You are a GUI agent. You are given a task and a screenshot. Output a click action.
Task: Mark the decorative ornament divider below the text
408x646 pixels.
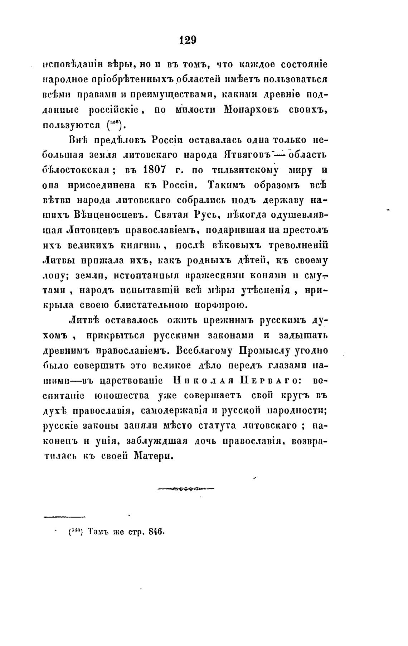pos(185,488)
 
